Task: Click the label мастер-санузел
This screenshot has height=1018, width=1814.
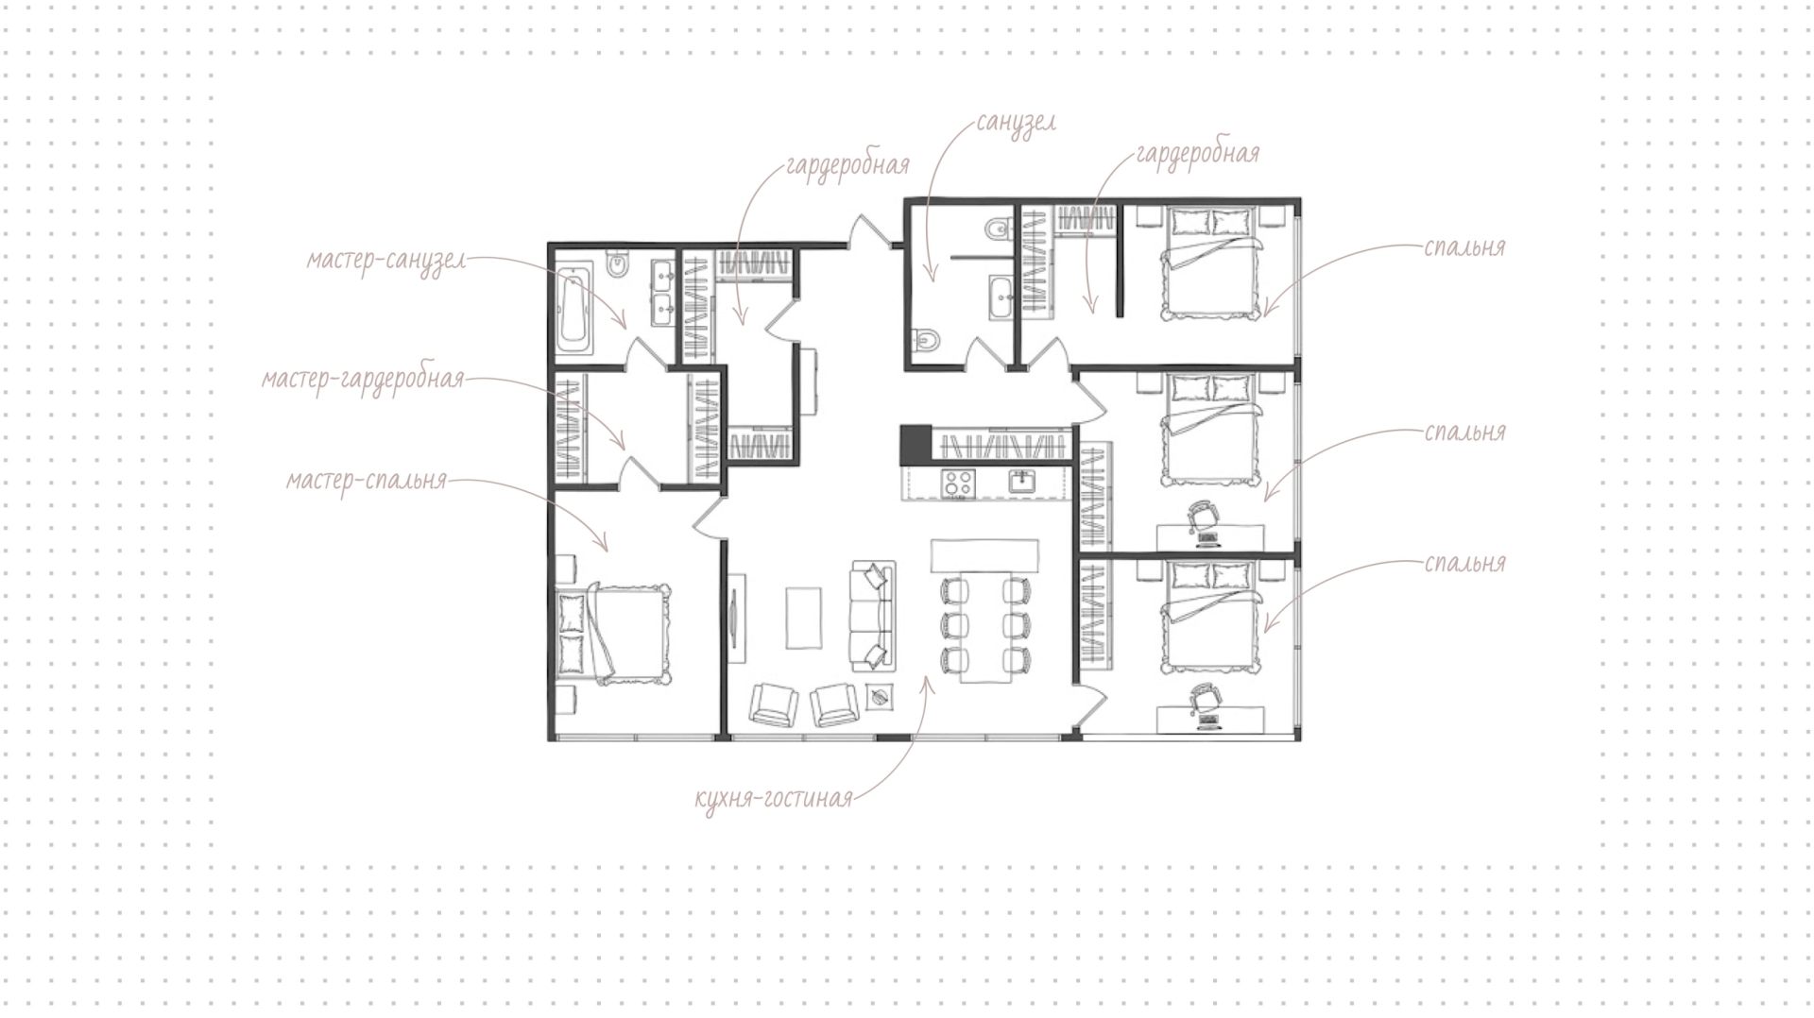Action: click(385, 260)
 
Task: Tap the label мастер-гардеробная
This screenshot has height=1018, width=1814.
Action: click(363, 380)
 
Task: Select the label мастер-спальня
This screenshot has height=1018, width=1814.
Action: click(366, 481)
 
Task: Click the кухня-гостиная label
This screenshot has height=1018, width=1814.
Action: click(773, 799)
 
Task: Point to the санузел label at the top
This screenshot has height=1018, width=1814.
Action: click(1016, 124)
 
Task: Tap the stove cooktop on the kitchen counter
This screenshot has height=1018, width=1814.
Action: click(958, 484)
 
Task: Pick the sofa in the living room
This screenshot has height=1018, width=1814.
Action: click(873, 616)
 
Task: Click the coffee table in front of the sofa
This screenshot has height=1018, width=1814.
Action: click(803, 619)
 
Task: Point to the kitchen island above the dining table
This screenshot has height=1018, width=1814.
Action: click(984, 554)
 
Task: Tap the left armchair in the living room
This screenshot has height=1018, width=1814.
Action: click(774, 704)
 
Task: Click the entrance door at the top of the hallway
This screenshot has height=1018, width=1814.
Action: click(873, 232)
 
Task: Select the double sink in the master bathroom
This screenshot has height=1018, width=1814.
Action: click(662, 292)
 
